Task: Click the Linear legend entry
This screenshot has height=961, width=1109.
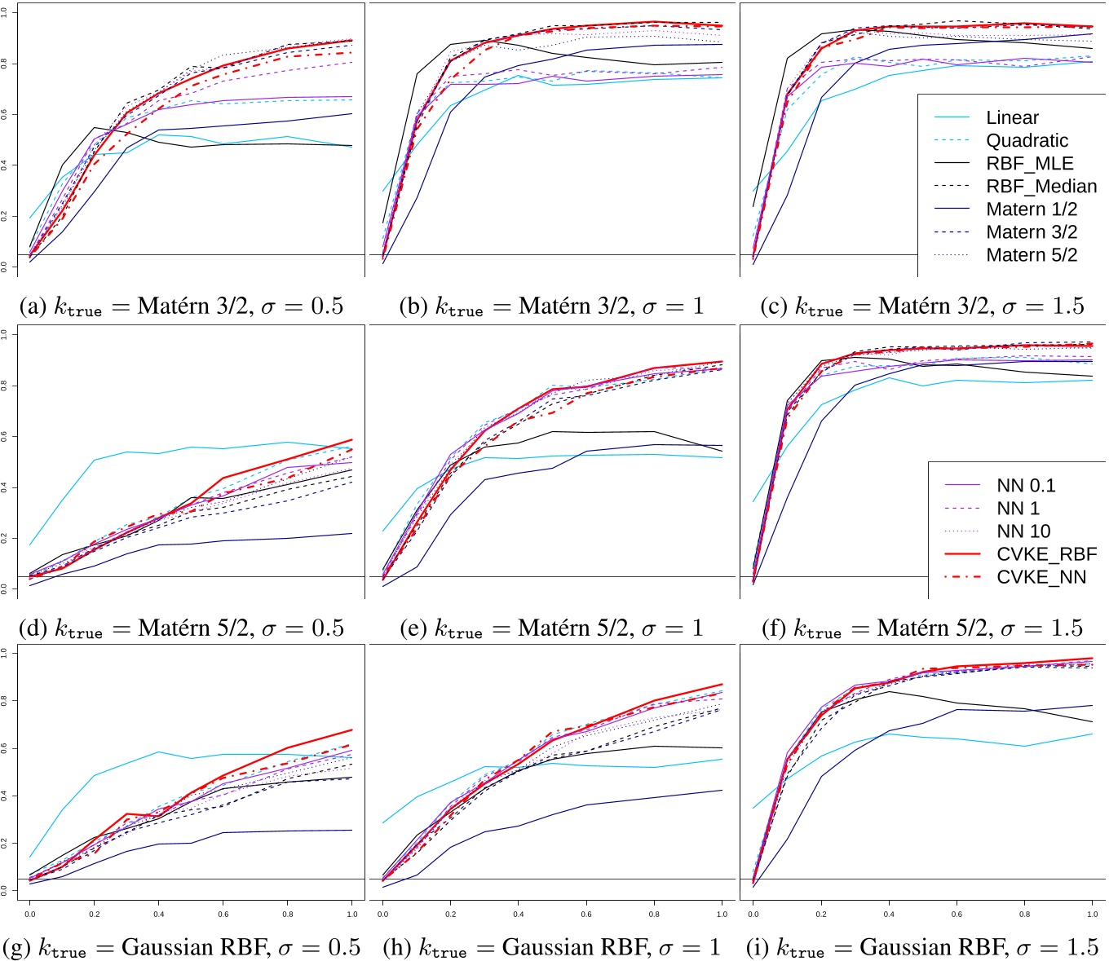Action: click(x=1012, y=117)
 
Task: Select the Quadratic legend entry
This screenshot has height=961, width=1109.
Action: click(x=1027, y=140)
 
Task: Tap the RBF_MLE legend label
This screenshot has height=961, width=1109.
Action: click(x=1029, y=163)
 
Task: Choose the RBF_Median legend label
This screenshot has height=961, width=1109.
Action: click(x=1041, y=186)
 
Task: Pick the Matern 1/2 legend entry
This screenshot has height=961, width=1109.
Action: click(x=1032, y=209)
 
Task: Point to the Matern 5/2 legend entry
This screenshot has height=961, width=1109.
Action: click(x=1032, y=255)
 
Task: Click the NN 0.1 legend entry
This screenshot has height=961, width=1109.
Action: click(x=1026, y=486)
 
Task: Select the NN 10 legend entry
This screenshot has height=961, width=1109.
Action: click(x=1023, y=531)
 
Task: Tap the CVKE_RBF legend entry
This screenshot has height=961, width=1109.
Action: click(x=1046, y=554)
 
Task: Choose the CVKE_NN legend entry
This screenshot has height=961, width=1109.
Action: click(x=1041, y=577)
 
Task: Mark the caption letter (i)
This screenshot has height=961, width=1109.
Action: click(x=758, y=947)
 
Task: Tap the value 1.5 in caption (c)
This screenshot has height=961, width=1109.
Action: click(x=1067, y=306)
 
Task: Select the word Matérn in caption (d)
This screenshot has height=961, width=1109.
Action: click(x=172, y=628)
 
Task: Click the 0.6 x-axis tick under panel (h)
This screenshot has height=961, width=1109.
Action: click(x=586, y=915)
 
